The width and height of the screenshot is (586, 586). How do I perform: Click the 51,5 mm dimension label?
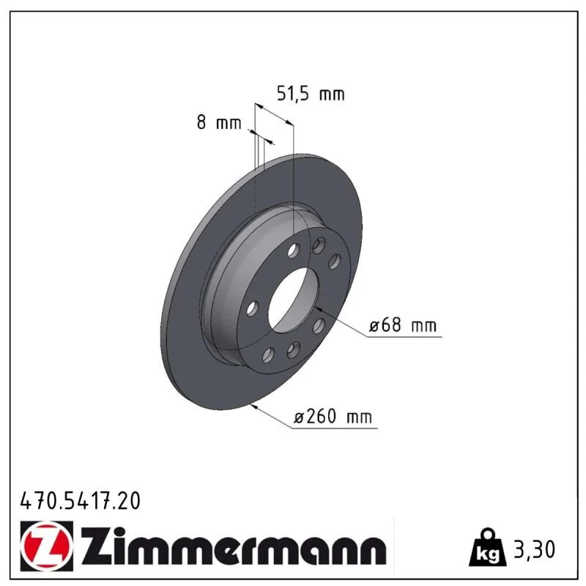click(x=310, y=94)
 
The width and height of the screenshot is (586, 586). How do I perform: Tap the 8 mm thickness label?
click(x=219, y=122)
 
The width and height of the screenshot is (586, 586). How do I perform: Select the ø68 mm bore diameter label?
click(x=402, y=324)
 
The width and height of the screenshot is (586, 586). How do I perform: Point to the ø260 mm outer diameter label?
click(x=333, y=416)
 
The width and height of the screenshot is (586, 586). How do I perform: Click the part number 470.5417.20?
click(x=81, y=501)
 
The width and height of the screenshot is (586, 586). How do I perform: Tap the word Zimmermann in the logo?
click(x=234, y=546)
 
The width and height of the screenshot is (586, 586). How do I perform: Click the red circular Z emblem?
click(x=47, y=546)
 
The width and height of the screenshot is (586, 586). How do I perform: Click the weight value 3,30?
click(x=535, y=549)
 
